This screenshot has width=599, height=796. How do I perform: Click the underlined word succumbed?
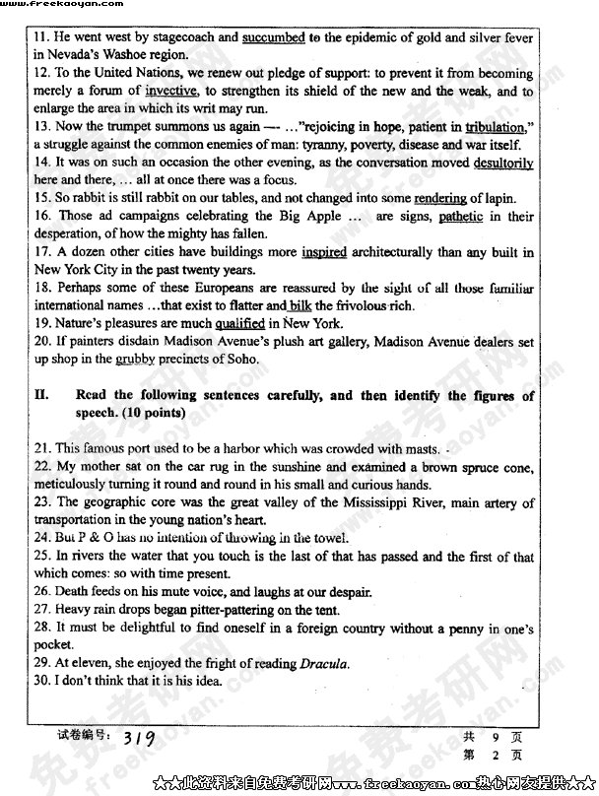click(x=274, y=38)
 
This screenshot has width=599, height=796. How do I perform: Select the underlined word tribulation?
click(x=495, y=127)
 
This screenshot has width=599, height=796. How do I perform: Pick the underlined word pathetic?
click(x=460, y=216)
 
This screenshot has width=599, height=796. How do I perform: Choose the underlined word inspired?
click(x=324, y=252)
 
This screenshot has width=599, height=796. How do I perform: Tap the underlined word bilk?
click(x=300, y=305)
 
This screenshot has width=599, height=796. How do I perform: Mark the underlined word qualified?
click(x=240, y=323)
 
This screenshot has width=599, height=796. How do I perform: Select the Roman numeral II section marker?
click(x=42, y=396)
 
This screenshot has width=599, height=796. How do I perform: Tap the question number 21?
click(x=42, y=449)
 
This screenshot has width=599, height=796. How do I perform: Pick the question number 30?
click(x=42, y=681)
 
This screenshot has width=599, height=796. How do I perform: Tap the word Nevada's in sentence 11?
click(x=83, y=55)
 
